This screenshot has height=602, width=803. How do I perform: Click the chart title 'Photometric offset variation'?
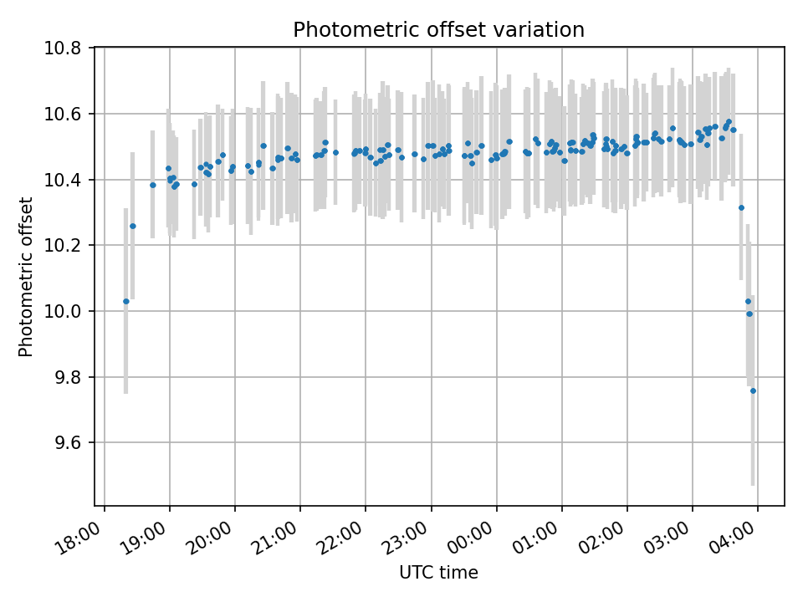(438, 30)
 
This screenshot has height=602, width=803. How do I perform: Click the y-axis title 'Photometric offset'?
(26, 277)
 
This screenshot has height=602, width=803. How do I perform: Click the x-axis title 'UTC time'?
(438, 573)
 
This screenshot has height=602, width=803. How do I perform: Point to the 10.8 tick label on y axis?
(64, 48)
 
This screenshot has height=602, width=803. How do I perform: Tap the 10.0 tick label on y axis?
(64, 311)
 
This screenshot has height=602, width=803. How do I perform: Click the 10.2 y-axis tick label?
(64, 246)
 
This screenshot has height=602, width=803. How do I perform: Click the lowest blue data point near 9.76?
(753, 390)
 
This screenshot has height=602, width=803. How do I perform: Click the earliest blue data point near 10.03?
(126, 301)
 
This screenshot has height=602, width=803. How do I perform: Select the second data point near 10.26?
(132, 226)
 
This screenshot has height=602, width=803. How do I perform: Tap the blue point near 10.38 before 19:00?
(152, 185)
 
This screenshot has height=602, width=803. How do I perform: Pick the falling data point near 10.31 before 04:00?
(741, 207)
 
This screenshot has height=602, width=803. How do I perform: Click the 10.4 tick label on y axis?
(64, 180)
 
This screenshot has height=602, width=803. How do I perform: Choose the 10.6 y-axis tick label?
(64, 114)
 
